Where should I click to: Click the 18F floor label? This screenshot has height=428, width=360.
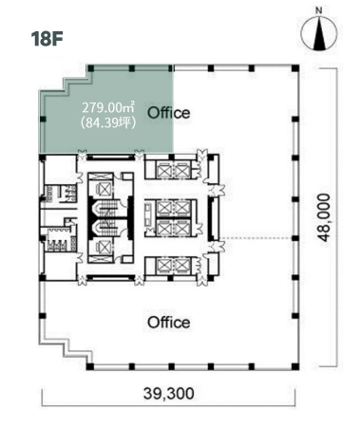tap(47, 39)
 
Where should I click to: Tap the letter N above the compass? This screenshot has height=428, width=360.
tap(319, 10)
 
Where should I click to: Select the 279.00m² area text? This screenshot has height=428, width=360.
tap(108, 107)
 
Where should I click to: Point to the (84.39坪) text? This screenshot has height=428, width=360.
tap(108, 122)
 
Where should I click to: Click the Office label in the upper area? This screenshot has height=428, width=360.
tap(169, 113)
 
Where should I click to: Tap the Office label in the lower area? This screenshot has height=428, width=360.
tap(169, 323)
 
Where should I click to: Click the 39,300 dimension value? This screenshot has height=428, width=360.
tap(169, 394)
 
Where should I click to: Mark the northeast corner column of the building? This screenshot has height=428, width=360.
tap(295, 68)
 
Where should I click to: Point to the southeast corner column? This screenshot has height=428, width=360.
tap(295, 366)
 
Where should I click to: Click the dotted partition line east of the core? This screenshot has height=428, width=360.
tap(256, 238)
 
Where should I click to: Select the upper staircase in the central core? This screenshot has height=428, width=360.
tap(107, 208)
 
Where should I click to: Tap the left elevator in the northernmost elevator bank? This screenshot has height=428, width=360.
tap(164, 171)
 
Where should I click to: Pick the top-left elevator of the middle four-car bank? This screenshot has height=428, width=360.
tap(164, 209)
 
